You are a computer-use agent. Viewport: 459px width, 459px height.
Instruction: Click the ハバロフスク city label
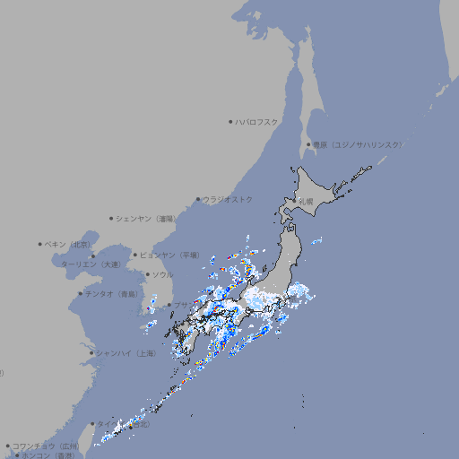256,121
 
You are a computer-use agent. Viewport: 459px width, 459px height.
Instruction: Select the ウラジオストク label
228,199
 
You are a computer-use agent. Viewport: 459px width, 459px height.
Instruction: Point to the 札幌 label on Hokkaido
307,202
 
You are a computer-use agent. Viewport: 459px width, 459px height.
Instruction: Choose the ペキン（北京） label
68,244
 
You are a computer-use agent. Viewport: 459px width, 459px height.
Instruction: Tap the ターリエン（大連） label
91,264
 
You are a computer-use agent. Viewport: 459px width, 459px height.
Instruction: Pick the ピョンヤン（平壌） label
170,255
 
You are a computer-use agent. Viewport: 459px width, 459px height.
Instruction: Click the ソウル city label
162,274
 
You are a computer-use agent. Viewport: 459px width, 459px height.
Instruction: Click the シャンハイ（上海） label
126,353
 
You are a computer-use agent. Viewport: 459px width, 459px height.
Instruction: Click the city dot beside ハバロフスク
230,121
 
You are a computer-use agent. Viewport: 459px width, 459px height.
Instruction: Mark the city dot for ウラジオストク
198,199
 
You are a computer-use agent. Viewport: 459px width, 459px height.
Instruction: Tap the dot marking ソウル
147,274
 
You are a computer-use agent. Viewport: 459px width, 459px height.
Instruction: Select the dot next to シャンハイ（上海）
91,353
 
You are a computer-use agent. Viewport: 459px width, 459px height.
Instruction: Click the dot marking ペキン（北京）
40,244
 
